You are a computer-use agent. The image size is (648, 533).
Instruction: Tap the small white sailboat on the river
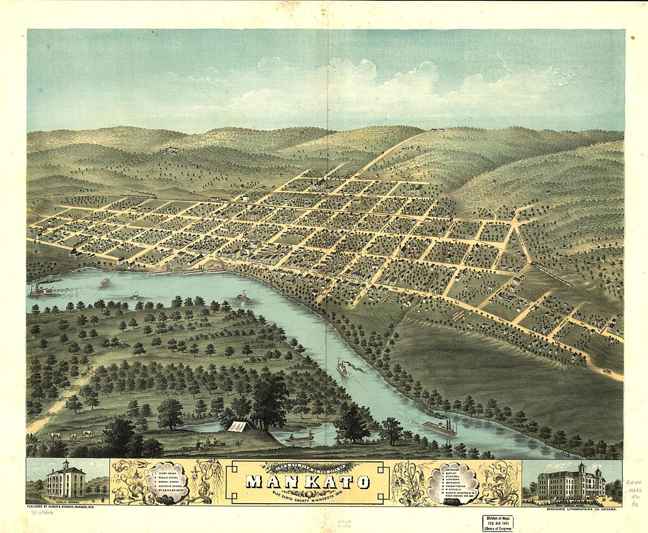coord(136,294)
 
